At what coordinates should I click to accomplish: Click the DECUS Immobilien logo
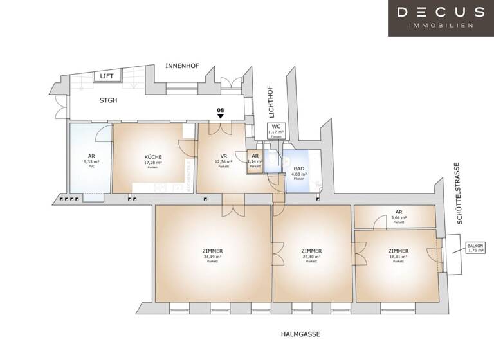point(441,17)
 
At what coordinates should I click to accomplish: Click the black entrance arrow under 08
point(221,116)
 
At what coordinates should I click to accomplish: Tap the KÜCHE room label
point(153,157)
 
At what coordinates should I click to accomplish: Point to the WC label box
point(275,130)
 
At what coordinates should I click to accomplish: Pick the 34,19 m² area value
point(213,256)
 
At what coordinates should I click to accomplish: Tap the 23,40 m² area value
point(311,256)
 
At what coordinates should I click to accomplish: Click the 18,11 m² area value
point(399,256)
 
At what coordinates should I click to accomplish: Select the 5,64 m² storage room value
point(399,217)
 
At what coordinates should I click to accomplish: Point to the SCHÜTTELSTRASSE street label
point(459,200)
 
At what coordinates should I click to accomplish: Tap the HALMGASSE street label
point(300,334)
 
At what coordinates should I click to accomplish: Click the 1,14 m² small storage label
point(255,161)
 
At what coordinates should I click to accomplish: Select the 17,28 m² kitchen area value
point(153,163)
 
